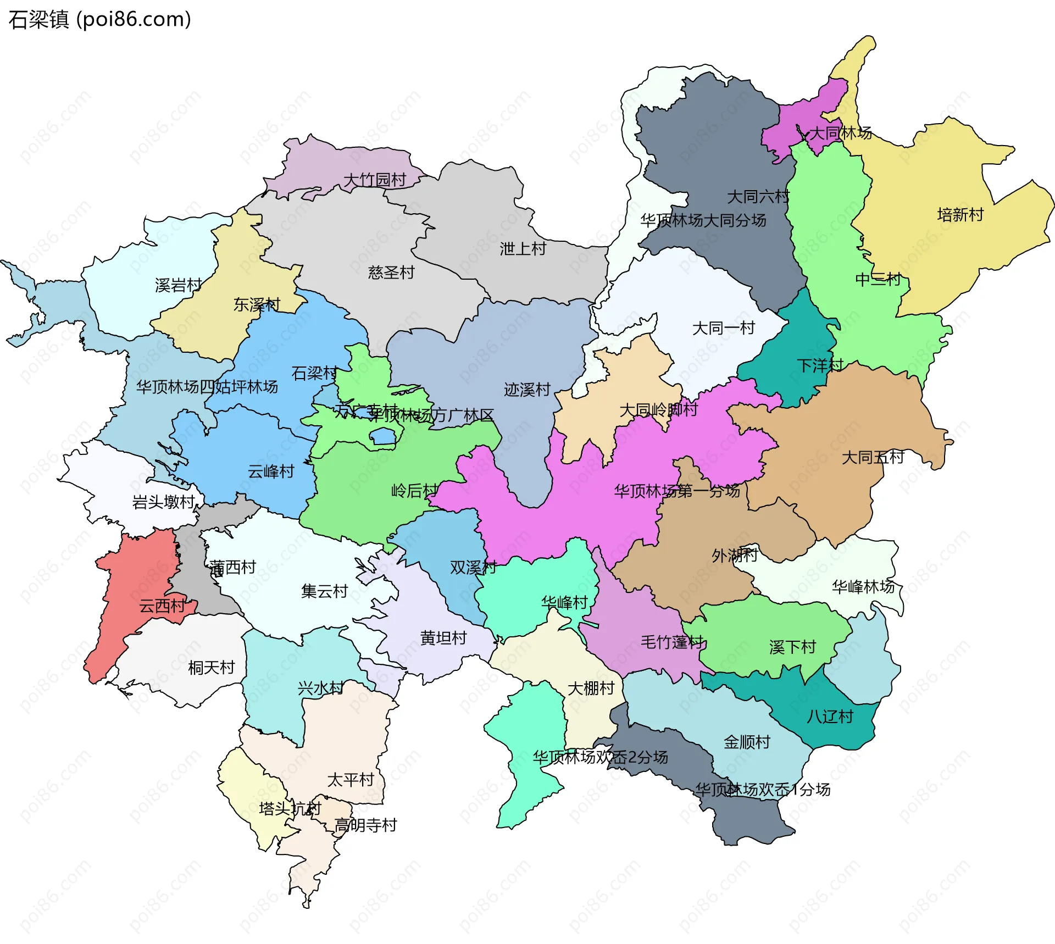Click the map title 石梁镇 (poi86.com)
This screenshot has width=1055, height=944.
99,19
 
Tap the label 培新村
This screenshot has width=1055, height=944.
960,214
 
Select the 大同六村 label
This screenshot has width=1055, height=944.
758,196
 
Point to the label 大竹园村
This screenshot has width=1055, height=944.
374,180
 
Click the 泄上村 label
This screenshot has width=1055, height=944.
523,248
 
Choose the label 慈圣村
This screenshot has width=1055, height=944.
391,272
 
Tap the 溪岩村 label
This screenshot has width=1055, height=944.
178,285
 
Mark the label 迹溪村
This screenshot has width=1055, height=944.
527,390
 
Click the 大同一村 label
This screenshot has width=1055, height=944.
723,328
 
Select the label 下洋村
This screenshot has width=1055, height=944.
819,365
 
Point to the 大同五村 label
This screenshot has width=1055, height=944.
873,457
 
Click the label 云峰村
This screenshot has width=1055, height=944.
271,471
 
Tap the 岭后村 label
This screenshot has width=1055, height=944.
414,490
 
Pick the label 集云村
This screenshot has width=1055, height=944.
324,591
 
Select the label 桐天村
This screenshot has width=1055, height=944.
211,667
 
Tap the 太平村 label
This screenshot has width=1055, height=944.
350,779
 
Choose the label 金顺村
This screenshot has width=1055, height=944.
746,742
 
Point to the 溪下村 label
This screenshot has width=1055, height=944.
792,647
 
